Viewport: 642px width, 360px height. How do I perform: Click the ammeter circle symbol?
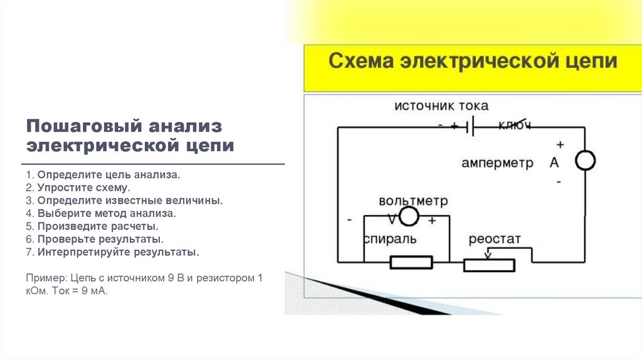pyautogui.click(x=585, y=161)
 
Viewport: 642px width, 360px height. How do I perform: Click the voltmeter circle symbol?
pyautogui.click(x=408, y=217)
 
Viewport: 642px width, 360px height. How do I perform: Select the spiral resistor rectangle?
pyautogui.click(x=411, y=262)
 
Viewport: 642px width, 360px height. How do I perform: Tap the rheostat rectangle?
pyautogui.click(x=489, y=265)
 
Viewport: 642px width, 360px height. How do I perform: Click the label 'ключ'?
pyautogui.click(x=515, y=126)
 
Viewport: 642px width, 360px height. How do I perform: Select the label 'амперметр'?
pyautogui.click(x=497, y=163)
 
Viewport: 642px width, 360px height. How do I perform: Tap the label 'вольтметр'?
pyautogui.click(x=413, y=201)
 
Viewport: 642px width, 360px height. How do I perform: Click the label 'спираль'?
pyautogui.click(x=389, y=240)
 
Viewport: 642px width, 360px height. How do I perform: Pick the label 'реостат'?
pyautogui.click(x=495, y=240)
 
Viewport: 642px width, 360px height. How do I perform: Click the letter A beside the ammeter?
pyautogui.click(x=554, y=162)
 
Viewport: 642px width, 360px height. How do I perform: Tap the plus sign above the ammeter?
pyautogui.click(x=560, y=144)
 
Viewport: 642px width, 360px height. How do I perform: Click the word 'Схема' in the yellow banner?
pyautogui.click(x=362, y=61)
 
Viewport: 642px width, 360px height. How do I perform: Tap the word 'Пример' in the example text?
pyautogui.click(x=45, y=277)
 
